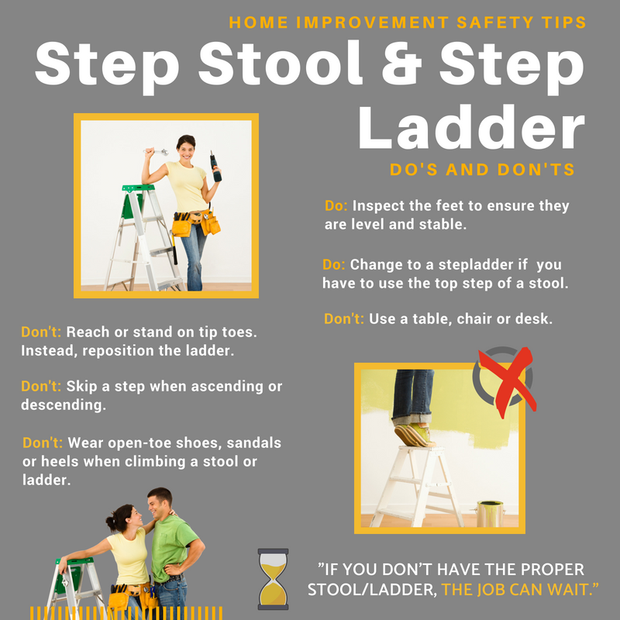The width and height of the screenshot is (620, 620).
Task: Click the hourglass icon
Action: pyautogui.click(x=273, y=578)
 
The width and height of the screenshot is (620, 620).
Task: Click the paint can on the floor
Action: pyautogui.click(x=491, y=514)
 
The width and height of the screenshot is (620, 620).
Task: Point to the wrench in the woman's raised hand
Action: pyautogui.click(x=156, y=151)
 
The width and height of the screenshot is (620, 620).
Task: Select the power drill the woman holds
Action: pyautogui.click(x=215, y=166)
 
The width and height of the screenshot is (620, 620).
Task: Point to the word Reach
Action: pyautogui.click(x=88, y=332)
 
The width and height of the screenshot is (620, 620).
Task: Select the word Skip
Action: pyautogui.click(x=81, y=386)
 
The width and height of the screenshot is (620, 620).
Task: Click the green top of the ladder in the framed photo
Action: pyautogui.click(x=138, y=188)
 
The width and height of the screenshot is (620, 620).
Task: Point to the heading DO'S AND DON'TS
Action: pyautogui.click(x=482, y=170)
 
